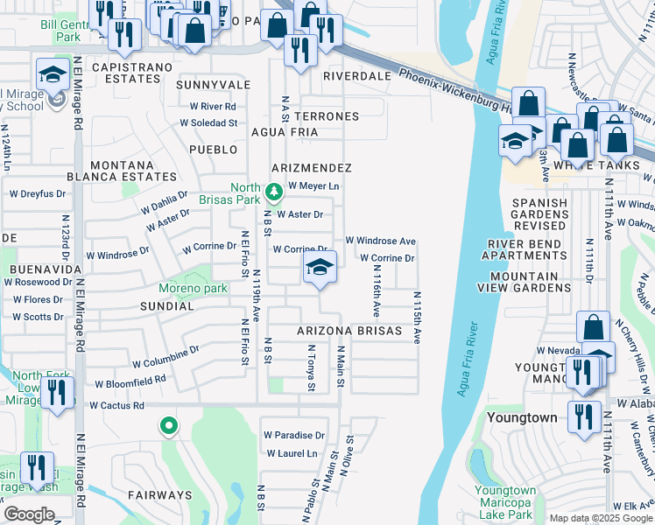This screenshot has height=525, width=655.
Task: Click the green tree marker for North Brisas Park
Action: [273, 190]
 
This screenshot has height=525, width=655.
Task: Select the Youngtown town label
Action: [522, 417]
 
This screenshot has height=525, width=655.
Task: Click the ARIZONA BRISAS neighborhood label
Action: [349, 331]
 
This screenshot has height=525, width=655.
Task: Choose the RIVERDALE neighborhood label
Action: [356, 76]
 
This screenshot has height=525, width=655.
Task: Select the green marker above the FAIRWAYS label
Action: [168, 426]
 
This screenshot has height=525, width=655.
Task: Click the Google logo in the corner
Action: [30, 514]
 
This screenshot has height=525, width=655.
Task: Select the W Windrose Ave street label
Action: [379, 241]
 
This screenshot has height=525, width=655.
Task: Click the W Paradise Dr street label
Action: [293, 435]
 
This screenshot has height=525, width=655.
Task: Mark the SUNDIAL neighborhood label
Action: [166, 306]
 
